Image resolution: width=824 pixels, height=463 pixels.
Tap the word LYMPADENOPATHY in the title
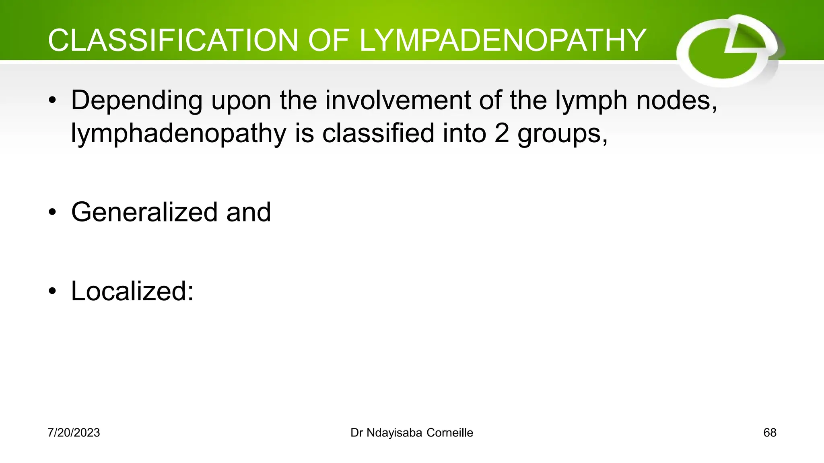click(503, 41)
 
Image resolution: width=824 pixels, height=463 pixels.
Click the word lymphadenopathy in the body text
click(179, 134)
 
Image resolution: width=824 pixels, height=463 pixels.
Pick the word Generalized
click(144, 212)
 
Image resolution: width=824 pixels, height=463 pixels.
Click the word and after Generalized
click(249, 212)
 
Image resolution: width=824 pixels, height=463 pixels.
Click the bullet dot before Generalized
click(52, 213)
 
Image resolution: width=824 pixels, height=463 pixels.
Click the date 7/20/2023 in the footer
click(74, 433)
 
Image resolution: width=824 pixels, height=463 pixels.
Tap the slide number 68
click(770, 433)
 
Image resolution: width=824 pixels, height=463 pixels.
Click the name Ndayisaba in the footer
click(394, 433)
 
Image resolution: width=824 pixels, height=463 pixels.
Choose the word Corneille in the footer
click(450, 433)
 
